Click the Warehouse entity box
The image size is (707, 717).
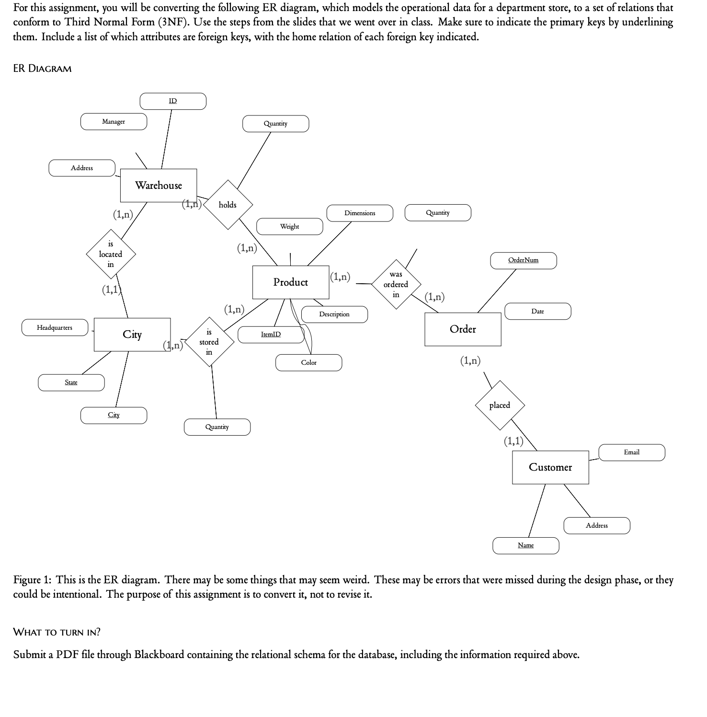pyautogui.click(x=159, y=185)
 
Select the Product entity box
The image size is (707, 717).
pyautogui.click(x=291, y=282)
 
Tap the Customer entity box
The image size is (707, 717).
pyautogui.click(x=550, y=467)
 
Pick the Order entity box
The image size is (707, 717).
pyautogui.click(x=463, y=329)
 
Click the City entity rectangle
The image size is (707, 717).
pyautogui.click(x=132, y=335)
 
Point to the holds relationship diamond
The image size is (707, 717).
pyautogui.click(x=228, y=205)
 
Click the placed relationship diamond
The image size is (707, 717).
pyautogui.click(x=500, y=405)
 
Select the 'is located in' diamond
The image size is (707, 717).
pyautogui.click(x=111, y=254)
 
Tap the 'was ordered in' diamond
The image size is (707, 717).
pyautogui.click(x=396, y=285)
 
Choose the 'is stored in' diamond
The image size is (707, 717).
pyautogui.click(x=209, y=342)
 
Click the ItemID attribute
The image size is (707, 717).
pyautogui.click(x=271, y=335)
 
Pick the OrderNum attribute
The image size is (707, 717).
pyautogui.click(x=524, y=260)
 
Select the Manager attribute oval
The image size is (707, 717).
pyautogui.click(x=114, y=122)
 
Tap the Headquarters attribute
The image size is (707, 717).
pyautogui.click(x=55, y=328)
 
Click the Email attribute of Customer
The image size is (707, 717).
pyautogui.click(x=632, y=452)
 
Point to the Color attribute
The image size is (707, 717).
pyautogui.click(x=309, y=363)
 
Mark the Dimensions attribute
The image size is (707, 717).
pyautogui.click(x=360, y=213)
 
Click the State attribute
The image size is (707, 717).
pyautogui.click(x=71, y=382)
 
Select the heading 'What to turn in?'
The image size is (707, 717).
pyautogui.click(x=57, y=632)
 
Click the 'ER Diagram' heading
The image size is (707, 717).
pyautogui.click(x=42, y=69)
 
